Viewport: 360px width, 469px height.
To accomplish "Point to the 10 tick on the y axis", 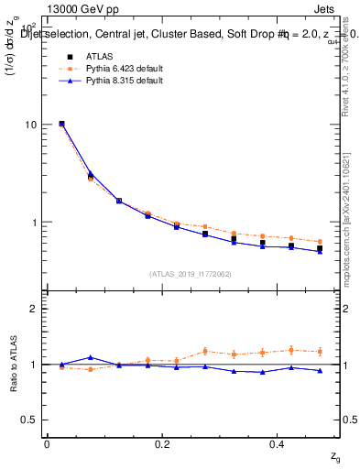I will (x=32, y=125).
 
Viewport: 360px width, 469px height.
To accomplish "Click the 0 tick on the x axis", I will (x=47, y=443).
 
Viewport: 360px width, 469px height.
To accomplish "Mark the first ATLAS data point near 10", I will (x=61, y=123).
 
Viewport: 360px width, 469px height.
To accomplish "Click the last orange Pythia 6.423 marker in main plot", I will (x=320, y=242).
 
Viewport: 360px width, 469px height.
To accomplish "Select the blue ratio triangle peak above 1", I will (x=90, y=357).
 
